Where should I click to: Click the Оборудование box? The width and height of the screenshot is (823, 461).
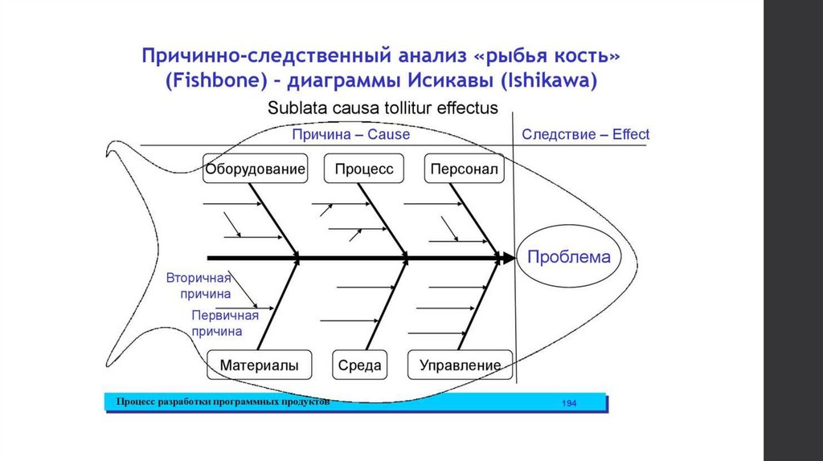(x=255, y=169)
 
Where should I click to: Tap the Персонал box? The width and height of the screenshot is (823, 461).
(x=464, y=169)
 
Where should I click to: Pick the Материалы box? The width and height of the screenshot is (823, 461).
(x=259, y=365)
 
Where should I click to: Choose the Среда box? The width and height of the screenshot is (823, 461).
(x=359, y=365)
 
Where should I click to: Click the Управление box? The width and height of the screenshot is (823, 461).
(x=460, y=365)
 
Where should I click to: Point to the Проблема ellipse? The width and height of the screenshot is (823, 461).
(x=568, y=258)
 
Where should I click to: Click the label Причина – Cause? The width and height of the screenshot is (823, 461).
(x=350, y=134)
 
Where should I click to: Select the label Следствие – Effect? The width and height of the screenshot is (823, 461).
(x=585, y=134)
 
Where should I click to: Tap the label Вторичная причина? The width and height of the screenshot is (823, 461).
(x=199, y=286)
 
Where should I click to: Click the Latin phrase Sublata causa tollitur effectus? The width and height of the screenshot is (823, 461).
(x=383, y=108)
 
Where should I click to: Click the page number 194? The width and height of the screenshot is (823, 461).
(x=569, y=402)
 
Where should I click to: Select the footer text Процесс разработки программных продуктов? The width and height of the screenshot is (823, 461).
(x=223, y=401)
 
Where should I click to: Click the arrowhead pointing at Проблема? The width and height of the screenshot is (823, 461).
(x=508, y=258)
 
